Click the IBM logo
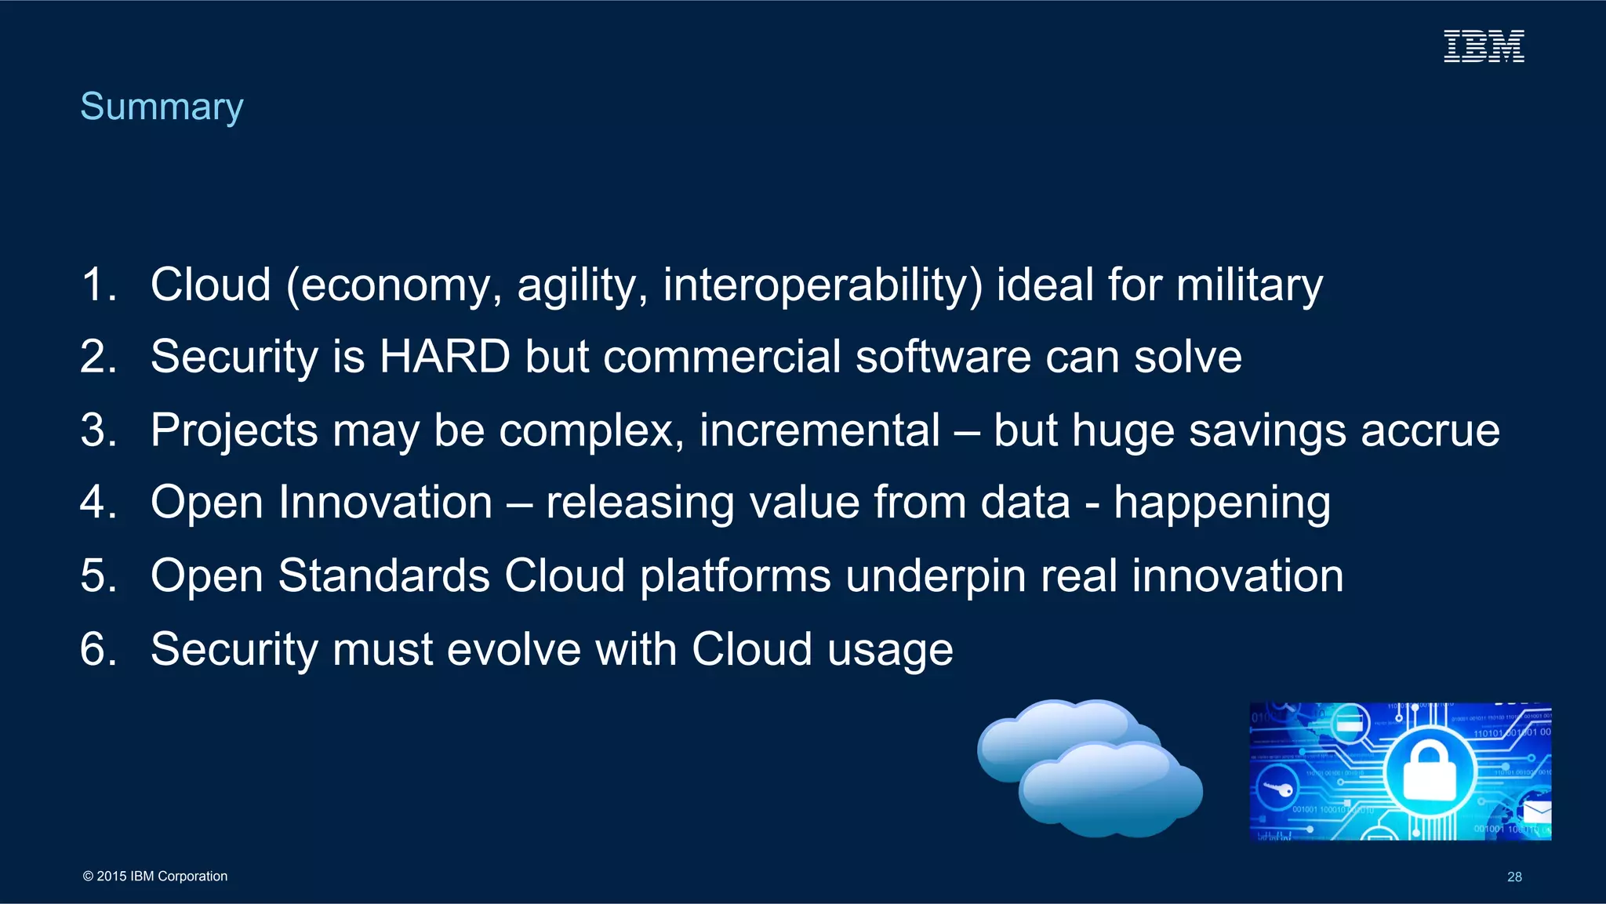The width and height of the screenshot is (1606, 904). tap(1484, 46)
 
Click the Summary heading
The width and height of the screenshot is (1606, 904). tap(162, 107)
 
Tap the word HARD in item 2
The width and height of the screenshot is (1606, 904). tap(445, 357)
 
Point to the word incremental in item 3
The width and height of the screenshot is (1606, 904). tap(819, 430)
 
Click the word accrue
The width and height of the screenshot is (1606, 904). tap(1430, 430)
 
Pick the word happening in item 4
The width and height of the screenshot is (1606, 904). tap(1222, 503)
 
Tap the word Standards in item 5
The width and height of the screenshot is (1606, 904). tap(384, 575)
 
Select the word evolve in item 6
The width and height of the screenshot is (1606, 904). tap(513, 649)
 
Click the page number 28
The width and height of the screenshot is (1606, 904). tap(1514, 877)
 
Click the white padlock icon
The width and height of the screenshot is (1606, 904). tap(1428, 773)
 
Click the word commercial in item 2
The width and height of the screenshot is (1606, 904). tap(722, 357)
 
